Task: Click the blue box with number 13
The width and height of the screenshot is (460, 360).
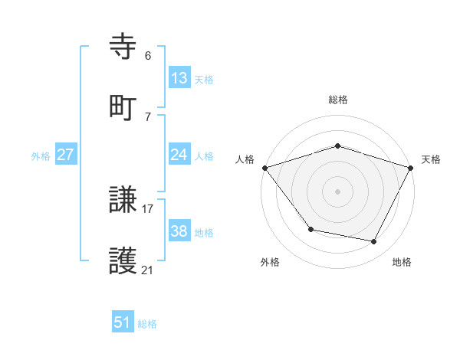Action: [179, 77]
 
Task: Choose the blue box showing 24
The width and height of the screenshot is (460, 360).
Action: [179, 155]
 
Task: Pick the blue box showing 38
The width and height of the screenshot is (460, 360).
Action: [179, 231]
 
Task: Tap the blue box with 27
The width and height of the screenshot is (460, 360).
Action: [66, 155]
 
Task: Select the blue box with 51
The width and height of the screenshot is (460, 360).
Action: [123, 322]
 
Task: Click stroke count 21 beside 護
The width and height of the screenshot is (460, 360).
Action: [147, 270]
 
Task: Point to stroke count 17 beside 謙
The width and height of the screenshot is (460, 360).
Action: [147, 208]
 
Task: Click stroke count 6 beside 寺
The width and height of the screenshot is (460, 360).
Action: [147, 55]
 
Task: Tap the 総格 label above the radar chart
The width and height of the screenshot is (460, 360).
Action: [337, 100]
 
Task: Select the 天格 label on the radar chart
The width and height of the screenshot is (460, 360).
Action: [431, 159]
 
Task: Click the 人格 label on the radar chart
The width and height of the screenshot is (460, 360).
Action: [245, 159]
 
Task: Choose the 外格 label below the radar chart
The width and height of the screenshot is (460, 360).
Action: [270, 262]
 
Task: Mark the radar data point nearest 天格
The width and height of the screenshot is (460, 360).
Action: [412, 167]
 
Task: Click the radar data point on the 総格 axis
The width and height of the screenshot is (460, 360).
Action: [337, 146]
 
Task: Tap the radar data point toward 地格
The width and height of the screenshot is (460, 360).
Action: [374, 242]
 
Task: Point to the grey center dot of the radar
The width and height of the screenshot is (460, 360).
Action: [337, 191]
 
